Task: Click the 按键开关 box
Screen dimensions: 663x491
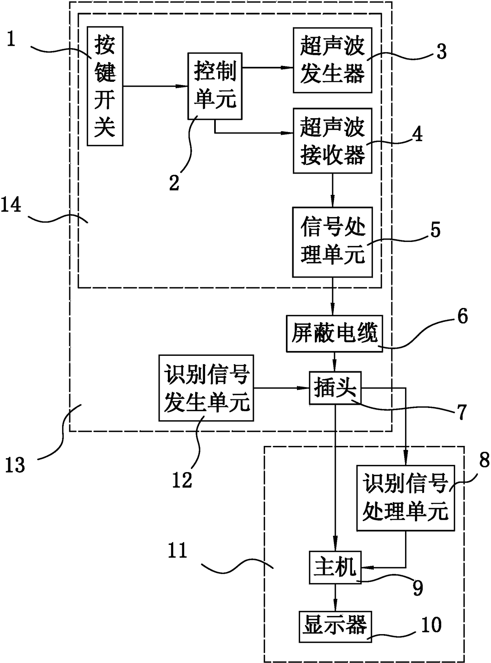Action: (x=105, y=86)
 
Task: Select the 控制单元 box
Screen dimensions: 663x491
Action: (x=215, y=86)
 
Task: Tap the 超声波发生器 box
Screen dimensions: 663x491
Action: (x=332, y=60)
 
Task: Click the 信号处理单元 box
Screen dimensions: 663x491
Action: (x=332, y=242)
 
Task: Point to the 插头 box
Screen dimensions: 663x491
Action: (x=335, y=388)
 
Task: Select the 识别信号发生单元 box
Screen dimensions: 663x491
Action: (x=206, y=387)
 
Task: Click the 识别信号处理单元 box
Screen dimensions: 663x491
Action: (x=405, y=498)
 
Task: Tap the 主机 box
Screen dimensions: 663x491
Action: (x=335, y=568)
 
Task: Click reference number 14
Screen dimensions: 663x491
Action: (x=11, y=206)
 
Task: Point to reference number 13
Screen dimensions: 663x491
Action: (x=15, y=465)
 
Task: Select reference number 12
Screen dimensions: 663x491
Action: (x=182, y=480)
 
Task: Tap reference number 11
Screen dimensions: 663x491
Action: (x=177, y=551)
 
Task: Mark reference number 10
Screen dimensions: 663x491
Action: (x=431, y=625)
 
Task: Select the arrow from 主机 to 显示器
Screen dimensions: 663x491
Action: (x=335, y=597)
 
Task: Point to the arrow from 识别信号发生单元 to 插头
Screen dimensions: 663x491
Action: (x=281, y=388)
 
